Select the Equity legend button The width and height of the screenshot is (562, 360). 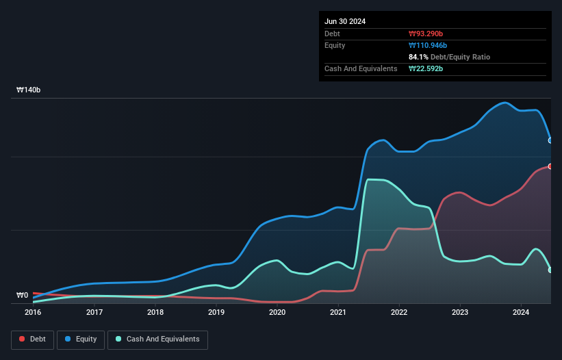tap(81, 339)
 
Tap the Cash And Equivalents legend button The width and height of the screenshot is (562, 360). tap(157, 339)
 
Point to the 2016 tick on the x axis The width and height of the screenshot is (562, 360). tap(33, 312)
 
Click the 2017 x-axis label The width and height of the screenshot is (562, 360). tap(94, 312)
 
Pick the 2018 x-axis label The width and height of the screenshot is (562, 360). tap(155, 312)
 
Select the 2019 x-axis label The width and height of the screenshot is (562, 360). tap(216, 312)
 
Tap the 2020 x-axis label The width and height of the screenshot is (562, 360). tap(277, 312)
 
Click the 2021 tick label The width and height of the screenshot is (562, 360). tap(338, 312)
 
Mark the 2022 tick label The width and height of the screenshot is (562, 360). tap(399, 312)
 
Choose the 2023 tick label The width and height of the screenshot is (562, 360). tap(460, 312)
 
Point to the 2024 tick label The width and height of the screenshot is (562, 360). tap(521, 312)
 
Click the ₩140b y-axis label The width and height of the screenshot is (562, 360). tap(29, 90)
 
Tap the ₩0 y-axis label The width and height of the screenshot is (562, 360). tap(23, 296)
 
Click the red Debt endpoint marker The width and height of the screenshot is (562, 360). tap(550, 166)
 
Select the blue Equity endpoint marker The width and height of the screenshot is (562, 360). tap(550, 140)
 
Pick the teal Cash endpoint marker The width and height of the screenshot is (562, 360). tap(550, 270)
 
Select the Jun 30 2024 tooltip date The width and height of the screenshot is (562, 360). tap(345, 21)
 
